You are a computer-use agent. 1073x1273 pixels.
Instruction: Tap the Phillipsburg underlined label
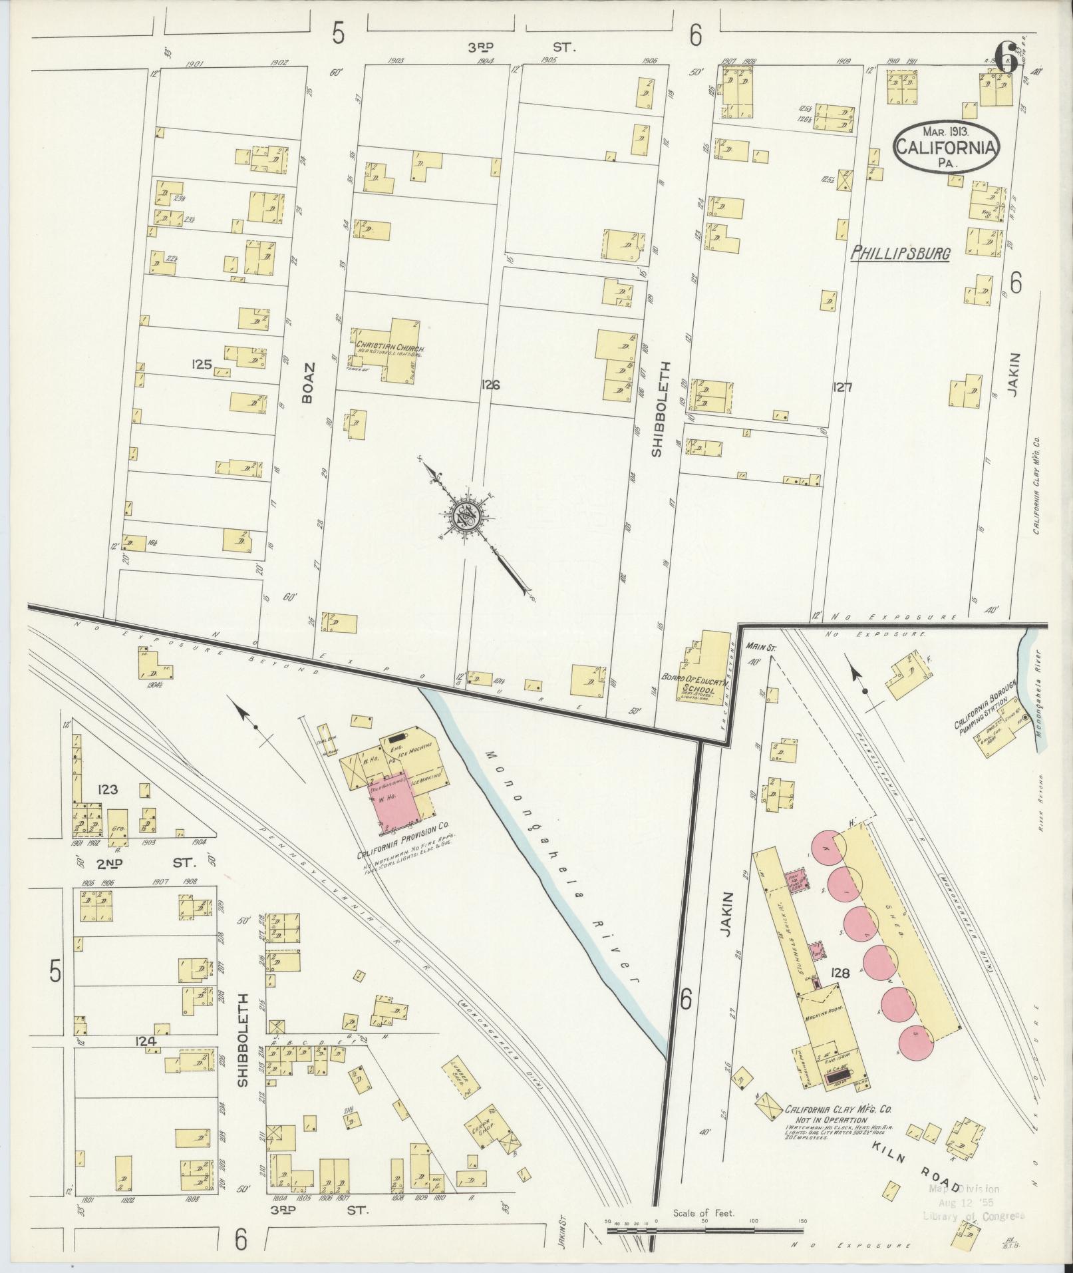pyautogui.click(x=901, y=254)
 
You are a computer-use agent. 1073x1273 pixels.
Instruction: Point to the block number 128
pyautogui.click(x=841, y=974)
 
